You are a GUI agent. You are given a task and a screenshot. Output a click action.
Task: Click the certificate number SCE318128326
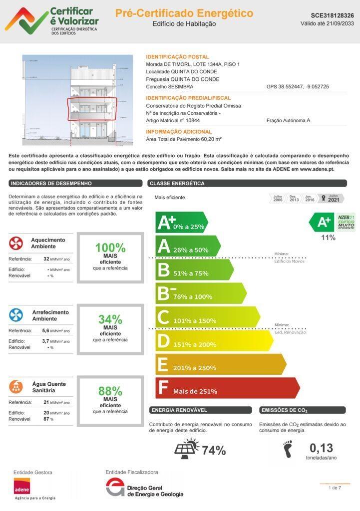(x=332, y=15)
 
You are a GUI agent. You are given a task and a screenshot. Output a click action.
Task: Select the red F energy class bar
(x=227, y=388)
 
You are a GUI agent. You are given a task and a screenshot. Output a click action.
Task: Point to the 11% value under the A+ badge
(x=328, y=238)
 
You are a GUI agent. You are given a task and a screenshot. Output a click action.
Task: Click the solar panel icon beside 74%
(x=187, y=449)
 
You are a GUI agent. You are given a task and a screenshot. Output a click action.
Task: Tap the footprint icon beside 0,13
(x=288, y=449)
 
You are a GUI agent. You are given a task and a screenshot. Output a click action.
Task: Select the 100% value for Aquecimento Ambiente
(x=110, y=248)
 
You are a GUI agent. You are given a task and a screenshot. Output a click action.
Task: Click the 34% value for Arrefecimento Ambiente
(x=110, y=319)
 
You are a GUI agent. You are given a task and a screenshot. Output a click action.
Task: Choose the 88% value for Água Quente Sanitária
(x=110, y=391)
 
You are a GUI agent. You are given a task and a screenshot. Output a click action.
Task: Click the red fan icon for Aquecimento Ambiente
(x=16, y=244)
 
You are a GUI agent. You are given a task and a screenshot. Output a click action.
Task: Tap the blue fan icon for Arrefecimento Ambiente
(x=16, y=315)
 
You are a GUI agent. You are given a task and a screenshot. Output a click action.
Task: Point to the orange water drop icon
(x=16, y=387)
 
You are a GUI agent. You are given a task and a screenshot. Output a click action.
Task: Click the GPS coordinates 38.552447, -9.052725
(x=298, y=87)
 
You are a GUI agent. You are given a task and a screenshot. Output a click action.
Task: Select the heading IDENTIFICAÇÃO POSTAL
(x=177, y=57)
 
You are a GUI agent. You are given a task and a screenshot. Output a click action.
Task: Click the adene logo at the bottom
(x=22, y=487)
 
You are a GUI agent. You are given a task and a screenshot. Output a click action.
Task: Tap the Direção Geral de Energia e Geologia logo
(x=145, y=488)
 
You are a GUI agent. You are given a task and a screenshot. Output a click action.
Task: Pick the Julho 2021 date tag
(x=333, y=199)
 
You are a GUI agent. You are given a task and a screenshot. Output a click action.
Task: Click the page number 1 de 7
(x=335, y=488)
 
